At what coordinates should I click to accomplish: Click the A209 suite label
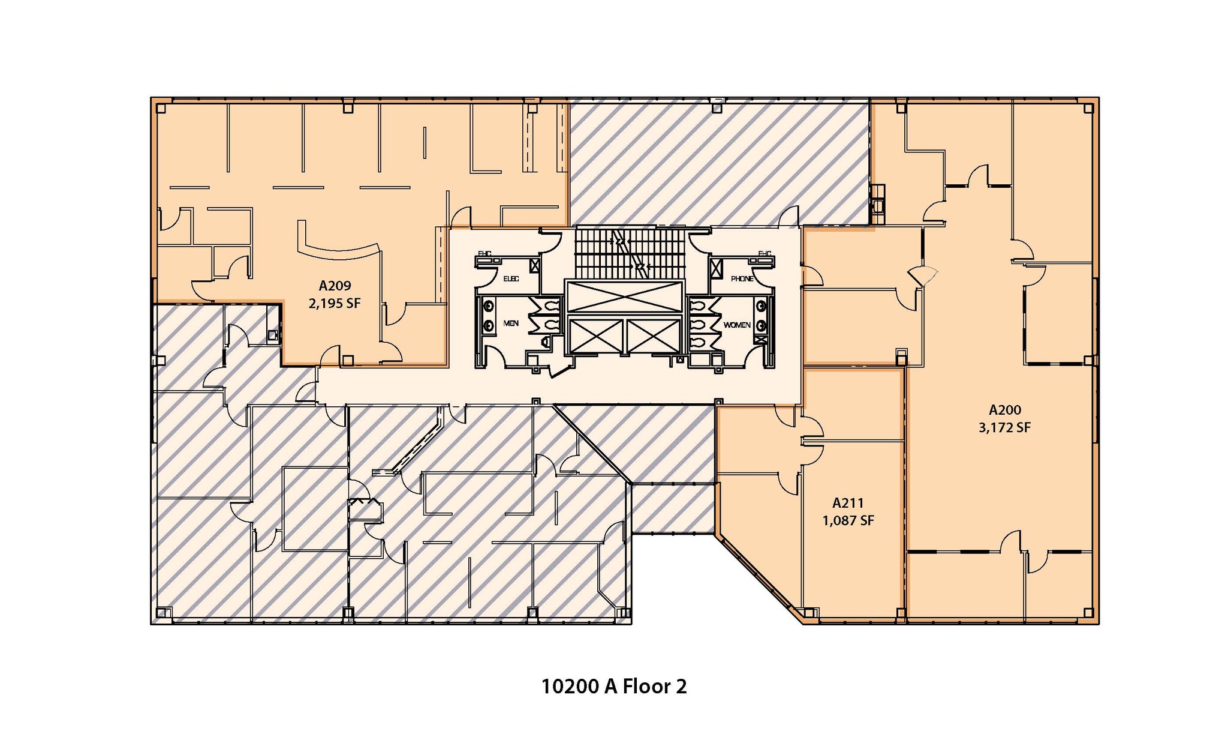coord(335,286)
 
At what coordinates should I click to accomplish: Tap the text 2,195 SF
coord(335,304)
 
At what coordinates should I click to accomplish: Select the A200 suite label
coord(1004,411)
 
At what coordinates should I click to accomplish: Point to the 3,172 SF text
coord(1004,428)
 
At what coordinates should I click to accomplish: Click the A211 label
coord(848,503)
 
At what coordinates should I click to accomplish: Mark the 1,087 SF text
coord(848,520)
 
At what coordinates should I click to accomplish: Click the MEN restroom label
coord(511,323)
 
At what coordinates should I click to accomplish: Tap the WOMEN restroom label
coord(736,325)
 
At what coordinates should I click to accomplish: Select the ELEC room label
coord(511,279)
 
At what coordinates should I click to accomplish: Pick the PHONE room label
coord(742,279)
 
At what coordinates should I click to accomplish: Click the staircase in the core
coord(629,252)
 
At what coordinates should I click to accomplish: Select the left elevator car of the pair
coord(595,336)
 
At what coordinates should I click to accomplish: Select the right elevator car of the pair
coord(654,336)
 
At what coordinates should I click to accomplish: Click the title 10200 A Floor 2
coord(613,686)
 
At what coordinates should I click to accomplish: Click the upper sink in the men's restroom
coord(487,306)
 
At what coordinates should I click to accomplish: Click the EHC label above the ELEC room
coord(484,254)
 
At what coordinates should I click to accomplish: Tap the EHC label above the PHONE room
coord(765,254)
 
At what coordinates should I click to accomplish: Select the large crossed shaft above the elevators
coord(624,296)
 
